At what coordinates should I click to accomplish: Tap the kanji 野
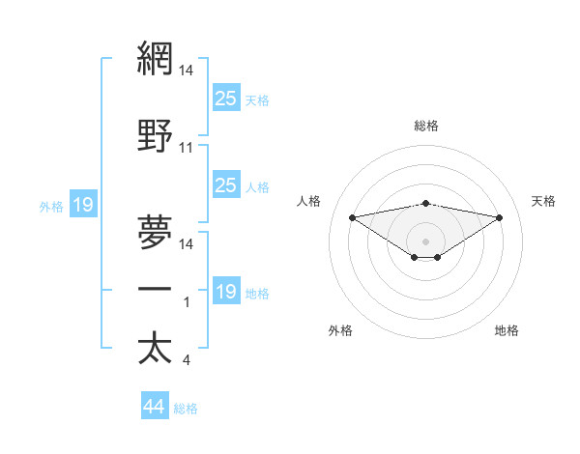pyautogui.click(x=155, y=136)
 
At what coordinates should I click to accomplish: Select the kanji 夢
pyautogui.click(x=155, y=231)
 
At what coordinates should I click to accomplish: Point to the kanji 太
pyautogui.click(x=155, y=348)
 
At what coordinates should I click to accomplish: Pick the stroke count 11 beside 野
pyautogui.click(x=187, y=149)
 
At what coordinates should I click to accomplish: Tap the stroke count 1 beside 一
pyautogui.click(x=186, y=302)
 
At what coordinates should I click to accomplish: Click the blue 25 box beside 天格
pyautogui.click(x=226, y=98)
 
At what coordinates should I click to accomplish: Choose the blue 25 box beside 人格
pyautogui.click(x=226, y=185)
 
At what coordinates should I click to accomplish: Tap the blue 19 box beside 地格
pyautogui.click(x=226, y=292)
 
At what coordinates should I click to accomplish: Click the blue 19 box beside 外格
pyautogui.click(x=83, y=205)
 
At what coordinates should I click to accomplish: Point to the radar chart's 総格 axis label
pyautogui.click(x=426, y=126)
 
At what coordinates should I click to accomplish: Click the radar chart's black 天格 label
pyautogui.click(x=543, y=201)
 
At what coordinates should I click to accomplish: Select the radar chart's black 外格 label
pyautogui.click(x=340, y=331)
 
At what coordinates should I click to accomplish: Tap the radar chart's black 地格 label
pyautogui.click(x=507, y=331)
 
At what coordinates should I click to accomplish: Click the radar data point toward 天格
pyautogui.click(x=500, y=217)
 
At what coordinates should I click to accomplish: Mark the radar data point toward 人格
pyautogui.click(x=352, y=217)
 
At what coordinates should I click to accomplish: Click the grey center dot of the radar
pyautogui.click(x=425, y=241)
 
